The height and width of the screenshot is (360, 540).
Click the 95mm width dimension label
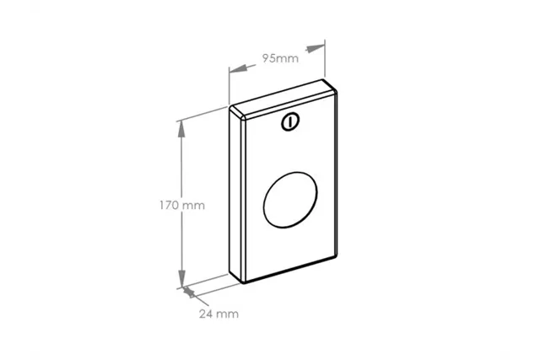coord(280,59)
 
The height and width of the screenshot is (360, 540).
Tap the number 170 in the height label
coord(170,205)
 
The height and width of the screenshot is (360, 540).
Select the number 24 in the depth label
coord(206,314)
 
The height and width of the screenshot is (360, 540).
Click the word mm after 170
coord(194,205)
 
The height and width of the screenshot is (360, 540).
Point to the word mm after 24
coord(229,314)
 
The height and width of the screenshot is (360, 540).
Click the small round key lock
coord(289,122)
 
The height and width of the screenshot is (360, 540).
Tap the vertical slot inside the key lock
coord(289,122)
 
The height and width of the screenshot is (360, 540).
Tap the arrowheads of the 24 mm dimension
coord(189,293)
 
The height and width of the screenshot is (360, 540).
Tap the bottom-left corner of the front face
coord(246,280)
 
